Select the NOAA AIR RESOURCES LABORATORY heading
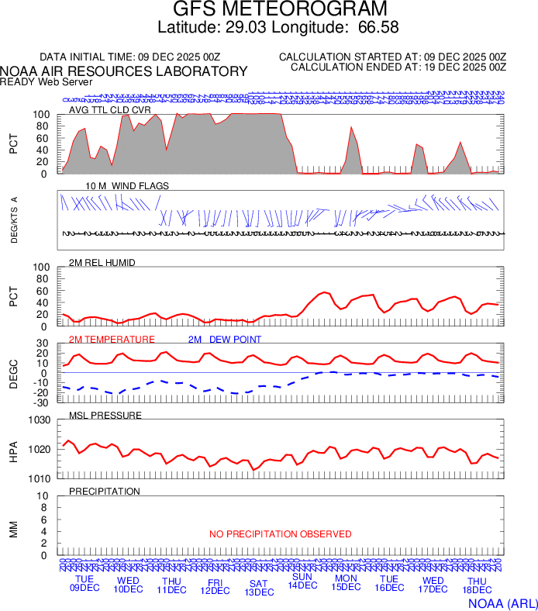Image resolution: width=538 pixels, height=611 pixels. pos(124,71)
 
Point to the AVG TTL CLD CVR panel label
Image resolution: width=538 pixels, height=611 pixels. pos(110,110)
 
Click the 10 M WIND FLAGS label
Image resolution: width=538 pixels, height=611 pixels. pos(127,186)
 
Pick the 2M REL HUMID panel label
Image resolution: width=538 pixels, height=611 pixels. pos(102,263)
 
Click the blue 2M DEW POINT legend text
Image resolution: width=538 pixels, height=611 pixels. pos(225,340)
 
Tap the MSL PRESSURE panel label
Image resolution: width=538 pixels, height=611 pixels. pos(105,416)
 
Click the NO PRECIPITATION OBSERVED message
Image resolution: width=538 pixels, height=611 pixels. pos(280,534)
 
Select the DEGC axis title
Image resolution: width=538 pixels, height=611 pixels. pos(13,371)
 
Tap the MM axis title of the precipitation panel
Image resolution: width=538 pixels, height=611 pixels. pos(13,529)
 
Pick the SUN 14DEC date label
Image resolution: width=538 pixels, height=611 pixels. pos(302,581)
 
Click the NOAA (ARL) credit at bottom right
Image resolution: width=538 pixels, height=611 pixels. pos(502,602)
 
